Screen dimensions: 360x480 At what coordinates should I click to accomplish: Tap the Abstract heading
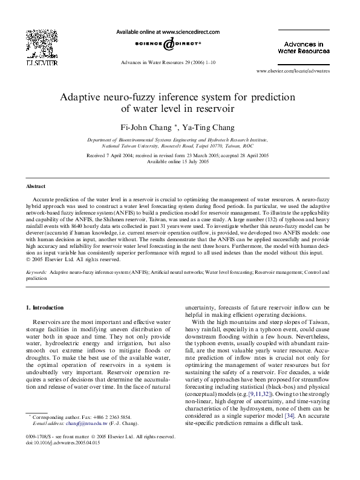pos(36,186)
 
